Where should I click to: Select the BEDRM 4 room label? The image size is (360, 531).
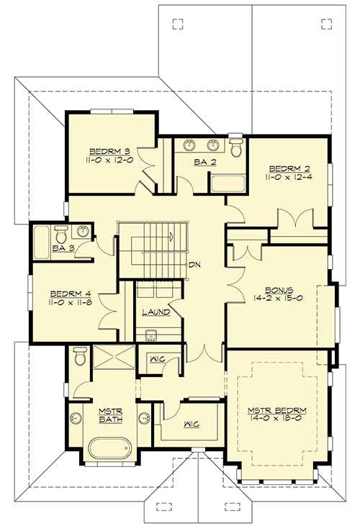[x=70, y=294]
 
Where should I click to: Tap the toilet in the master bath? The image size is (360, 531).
[x=80, y=355]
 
